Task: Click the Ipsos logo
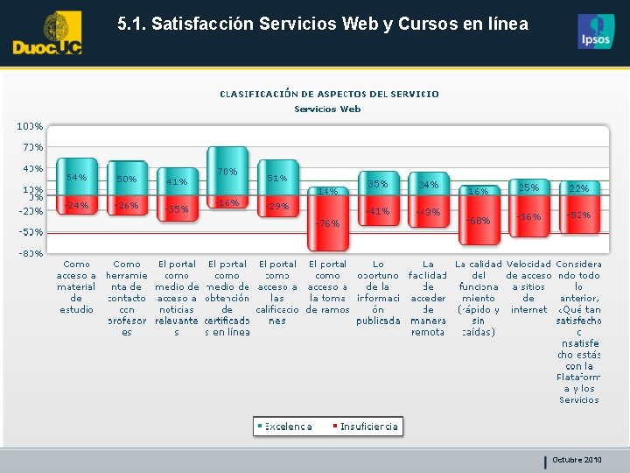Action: point(596,32)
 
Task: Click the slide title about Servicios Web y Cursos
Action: point(323,25)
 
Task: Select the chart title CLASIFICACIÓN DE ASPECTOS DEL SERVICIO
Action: point(329,94)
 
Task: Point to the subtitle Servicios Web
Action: point(327,109)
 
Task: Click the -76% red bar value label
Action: point(326,223)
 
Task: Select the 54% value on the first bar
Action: point(77,178)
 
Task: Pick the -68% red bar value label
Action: point(478,220)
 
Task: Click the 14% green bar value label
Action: point(327,191)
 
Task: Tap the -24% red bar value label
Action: point(77,205)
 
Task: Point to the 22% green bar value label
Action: point(579,188)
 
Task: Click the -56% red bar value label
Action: point(528,215)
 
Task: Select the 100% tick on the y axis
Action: point(31,127)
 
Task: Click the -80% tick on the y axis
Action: point(31,253)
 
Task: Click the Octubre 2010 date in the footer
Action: point(577,460)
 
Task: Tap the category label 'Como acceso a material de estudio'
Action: point(77,286)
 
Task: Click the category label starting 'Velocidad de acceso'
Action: point(528,286)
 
